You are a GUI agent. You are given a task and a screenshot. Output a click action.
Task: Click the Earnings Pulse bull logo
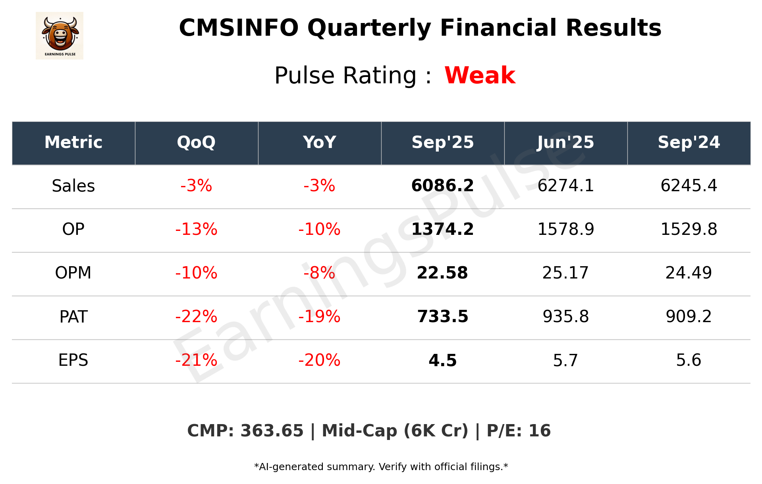(x=60, y=36)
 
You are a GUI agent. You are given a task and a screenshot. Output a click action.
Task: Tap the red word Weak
(x=480, y=75)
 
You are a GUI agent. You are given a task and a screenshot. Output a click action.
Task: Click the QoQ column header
(x=196, y=142)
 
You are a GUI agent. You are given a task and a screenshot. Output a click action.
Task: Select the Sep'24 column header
(x=689, y=142)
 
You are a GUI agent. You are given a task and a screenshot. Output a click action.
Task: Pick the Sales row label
(x=73, y=186)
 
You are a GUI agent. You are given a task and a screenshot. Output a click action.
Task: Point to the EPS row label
(x=73, y=360)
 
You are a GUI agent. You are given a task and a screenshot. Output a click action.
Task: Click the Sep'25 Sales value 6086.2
(x=442, y=186)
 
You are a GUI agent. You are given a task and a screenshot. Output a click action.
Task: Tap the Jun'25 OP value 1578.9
(x=565, y=229)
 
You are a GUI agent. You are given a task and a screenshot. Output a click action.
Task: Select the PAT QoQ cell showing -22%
(x=196, y=317)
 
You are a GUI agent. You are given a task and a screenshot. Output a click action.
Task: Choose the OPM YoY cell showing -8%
(x=319, y=273)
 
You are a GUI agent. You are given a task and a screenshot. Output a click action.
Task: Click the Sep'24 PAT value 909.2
(x=689, y=317)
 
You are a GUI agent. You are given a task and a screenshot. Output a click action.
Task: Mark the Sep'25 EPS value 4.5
(x=442, y=360)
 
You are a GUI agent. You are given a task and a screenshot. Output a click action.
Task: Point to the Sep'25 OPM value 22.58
(x=442, y=273)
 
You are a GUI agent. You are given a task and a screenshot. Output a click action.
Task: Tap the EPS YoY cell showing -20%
(x=319, y=360)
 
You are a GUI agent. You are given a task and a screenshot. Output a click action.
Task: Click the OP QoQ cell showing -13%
(x=196, y=229)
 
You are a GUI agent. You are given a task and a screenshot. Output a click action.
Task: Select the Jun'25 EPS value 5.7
(x=565, y=360)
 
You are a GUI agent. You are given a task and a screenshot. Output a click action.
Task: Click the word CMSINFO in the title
(x=239, y=28)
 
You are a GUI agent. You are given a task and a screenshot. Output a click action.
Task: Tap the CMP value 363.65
(x=272, y=431)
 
